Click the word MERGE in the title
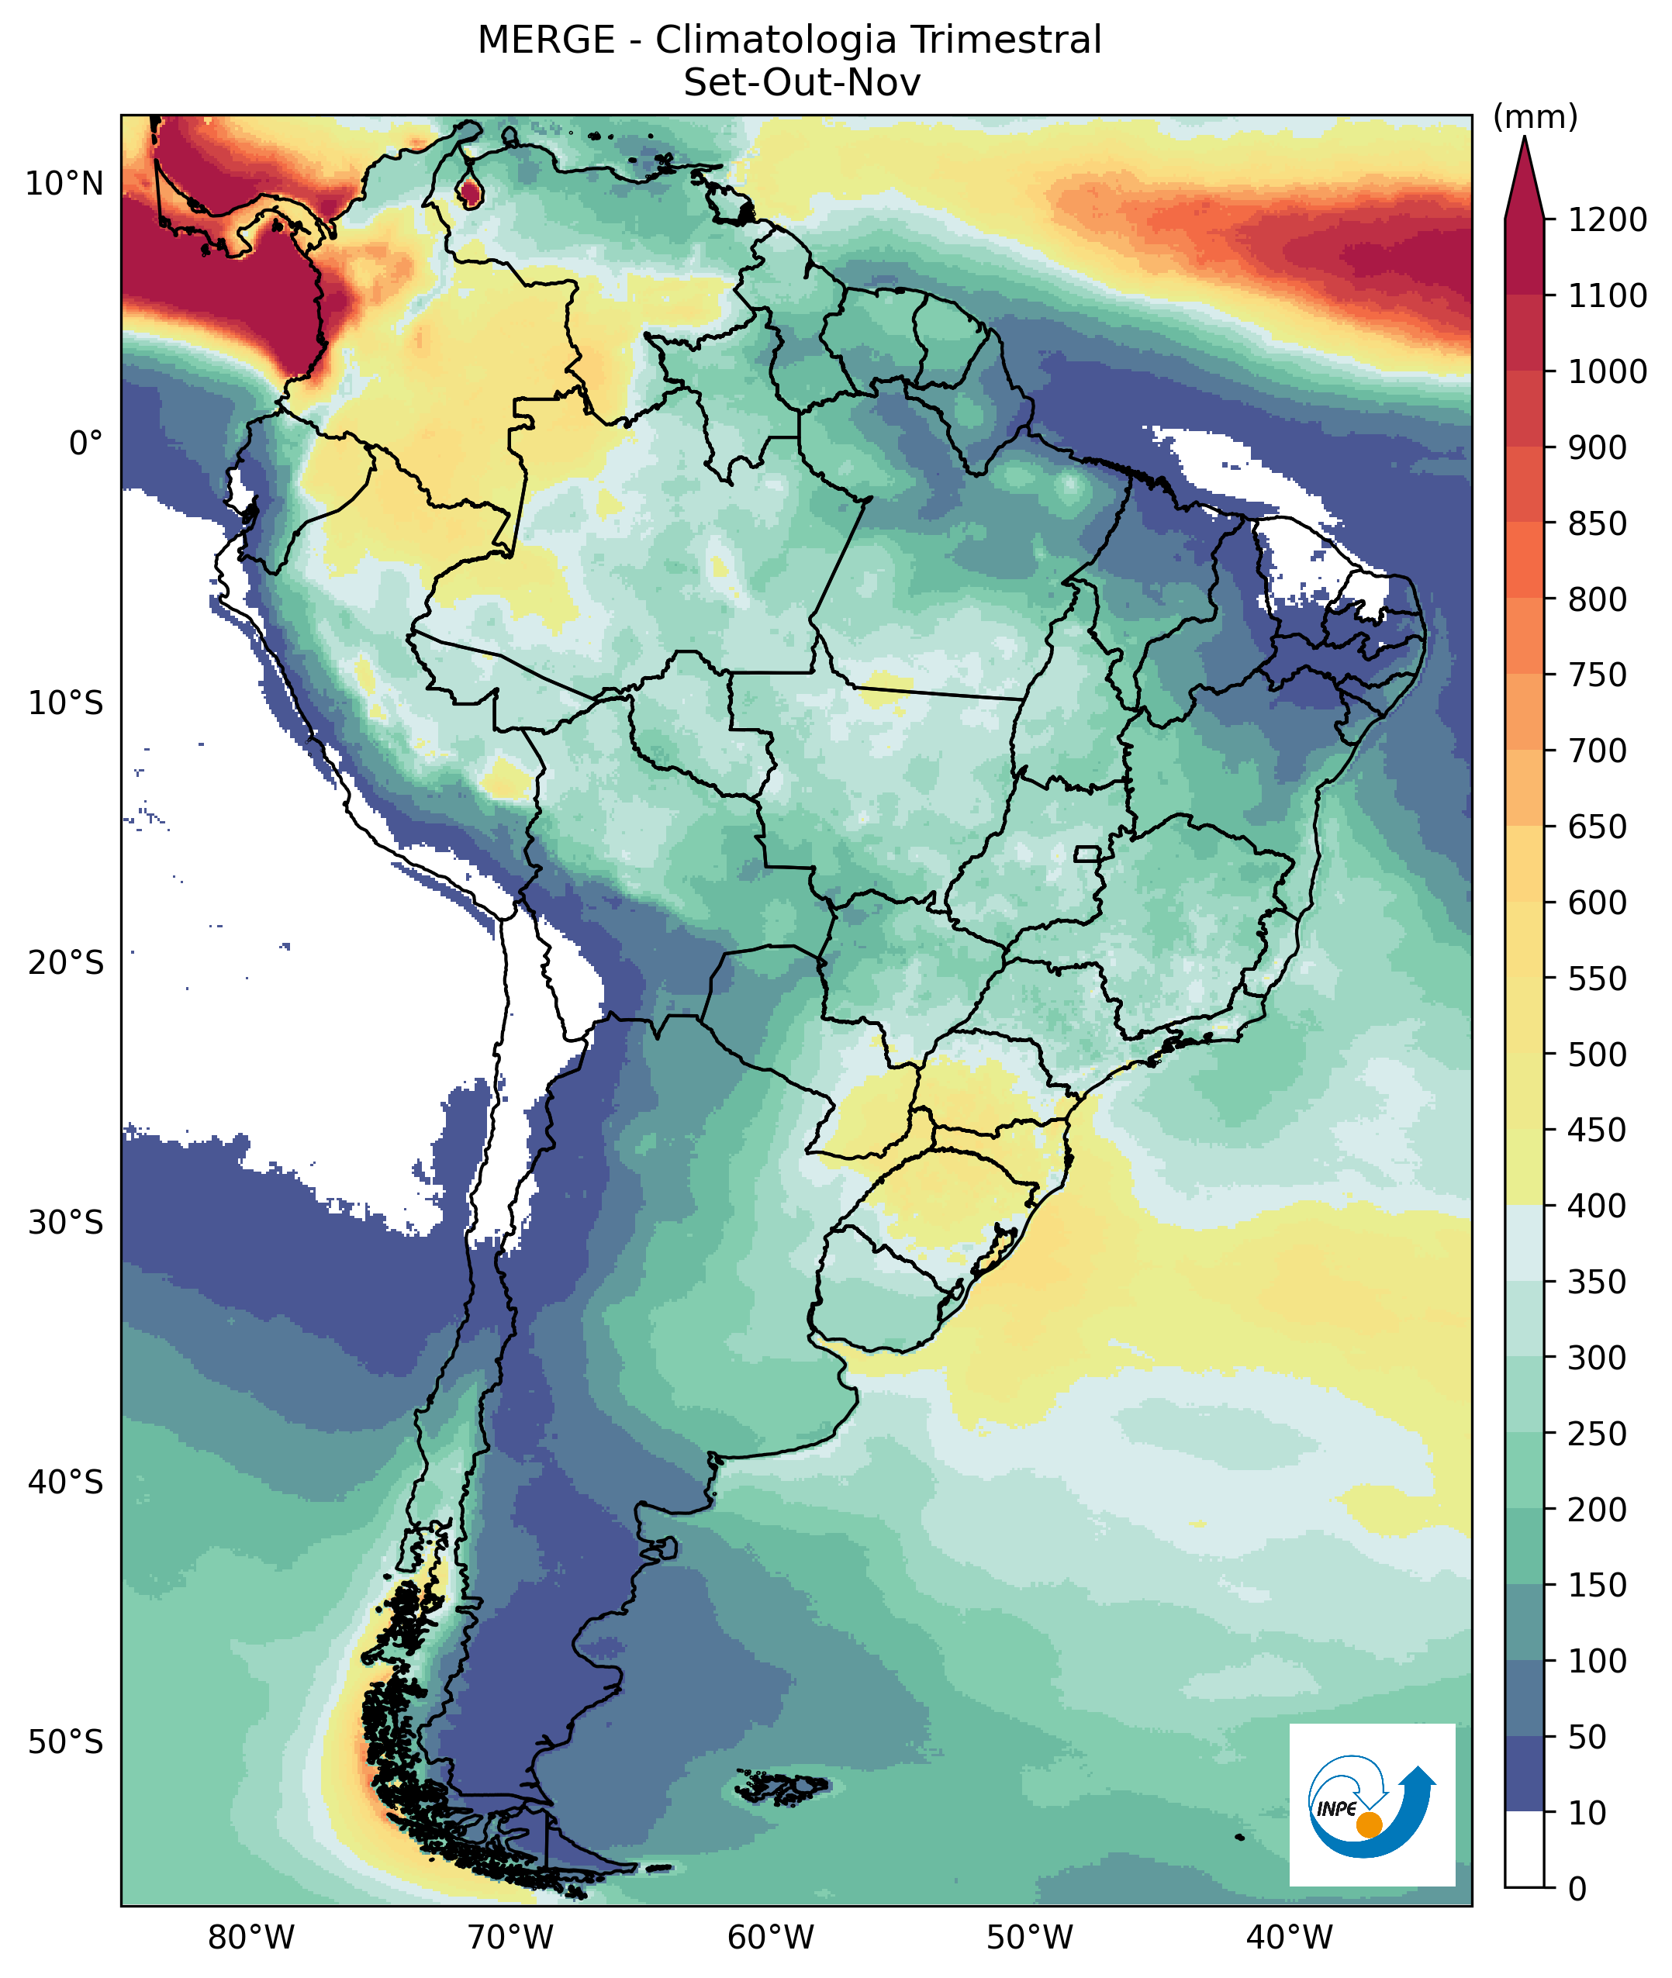(546, 41)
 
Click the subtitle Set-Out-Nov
(802, 84)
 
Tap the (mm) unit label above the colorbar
(1536, 118)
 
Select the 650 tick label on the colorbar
(1597, 827)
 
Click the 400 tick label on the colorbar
(1597, 1206)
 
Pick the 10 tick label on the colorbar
(1587, 1813)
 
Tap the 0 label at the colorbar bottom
(1577, 1889)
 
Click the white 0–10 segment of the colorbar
(1524, 1850)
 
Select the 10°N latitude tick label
(64, 184)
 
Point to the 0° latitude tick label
(85, 444)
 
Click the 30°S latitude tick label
(64, 1223)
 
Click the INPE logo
(1372, 1806)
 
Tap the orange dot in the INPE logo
(1369, 1824)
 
